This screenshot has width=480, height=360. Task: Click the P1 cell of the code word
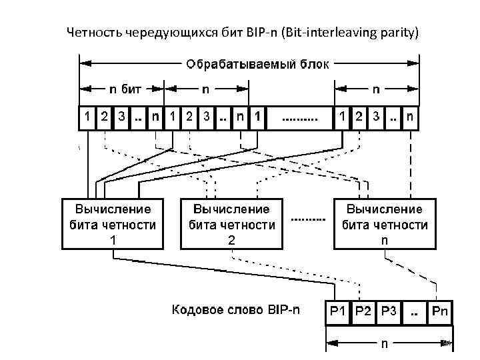[339, 310]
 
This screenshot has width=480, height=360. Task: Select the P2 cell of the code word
[364, 310]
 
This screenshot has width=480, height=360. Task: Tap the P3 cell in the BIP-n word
[389, 310]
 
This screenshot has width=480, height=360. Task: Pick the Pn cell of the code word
[440, 310]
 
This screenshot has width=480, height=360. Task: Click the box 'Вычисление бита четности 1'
[112, 223]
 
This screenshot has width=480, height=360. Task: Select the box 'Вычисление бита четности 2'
[231, 223]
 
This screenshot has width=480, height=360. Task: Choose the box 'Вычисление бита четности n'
[385, 223]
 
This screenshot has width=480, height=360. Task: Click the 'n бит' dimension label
[127, 87]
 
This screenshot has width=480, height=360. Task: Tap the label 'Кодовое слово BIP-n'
[236, 309]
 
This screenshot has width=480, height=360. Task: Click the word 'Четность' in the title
[91, 31]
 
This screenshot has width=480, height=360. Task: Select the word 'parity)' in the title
[399, 31]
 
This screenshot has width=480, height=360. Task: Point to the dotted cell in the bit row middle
[300, 117]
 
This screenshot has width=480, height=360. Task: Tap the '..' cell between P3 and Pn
[415, 310]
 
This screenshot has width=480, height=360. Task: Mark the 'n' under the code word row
[385, 344]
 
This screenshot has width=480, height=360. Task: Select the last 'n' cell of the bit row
[410, 117]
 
